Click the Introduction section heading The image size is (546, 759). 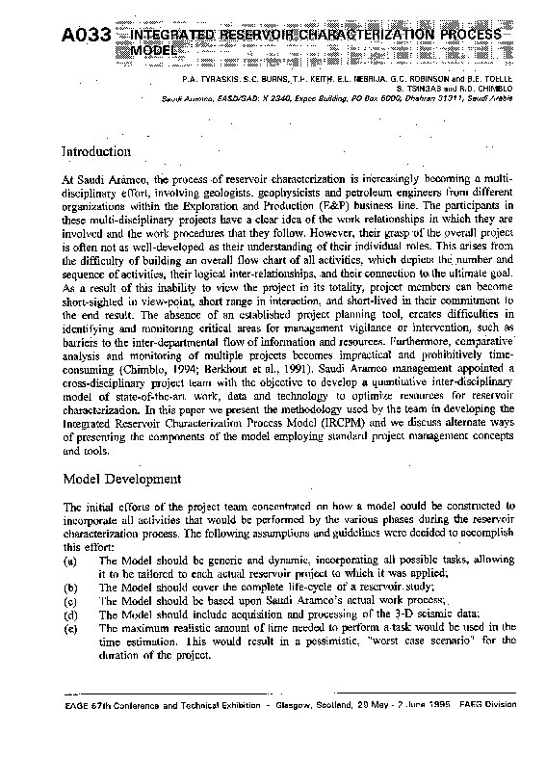(95, 152)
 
